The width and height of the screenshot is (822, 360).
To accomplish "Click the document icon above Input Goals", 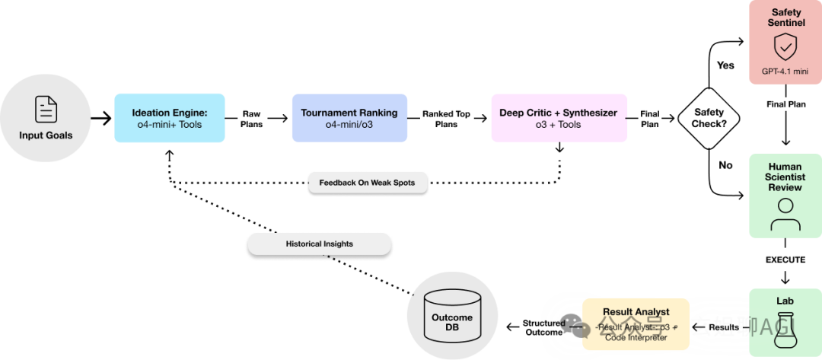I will coord(46,109).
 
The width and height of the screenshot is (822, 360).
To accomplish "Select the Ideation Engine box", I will coord(170,118).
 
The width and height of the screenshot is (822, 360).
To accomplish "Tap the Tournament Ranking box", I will coord(349,118).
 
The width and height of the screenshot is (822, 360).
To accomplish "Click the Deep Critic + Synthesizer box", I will coord(559,118).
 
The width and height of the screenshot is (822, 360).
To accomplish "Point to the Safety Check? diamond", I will coord(709,118).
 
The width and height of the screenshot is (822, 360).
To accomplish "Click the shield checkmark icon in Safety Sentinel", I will coord(785,47).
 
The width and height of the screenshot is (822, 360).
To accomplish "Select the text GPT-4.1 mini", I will coord(785,72).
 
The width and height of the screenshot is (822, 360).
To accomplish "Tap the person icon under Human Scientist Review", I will coord(785,214).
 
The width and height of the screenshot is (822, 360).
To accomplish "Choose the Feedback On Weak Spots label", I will coord(367,183).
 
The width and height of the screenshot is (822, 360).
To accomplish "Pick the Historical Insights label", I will coord(319,244).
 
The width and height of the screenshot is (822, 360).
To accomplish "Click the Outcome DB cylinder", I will coord(452,317).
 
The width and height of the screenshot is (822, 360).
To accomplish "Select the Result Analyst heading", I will coord(636,311).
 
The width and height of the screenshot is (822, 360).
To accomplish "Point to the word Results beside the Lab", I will coord(723,327).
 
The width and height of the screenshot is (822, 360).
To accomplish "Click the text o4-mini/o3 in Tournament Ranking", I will coord(349,125).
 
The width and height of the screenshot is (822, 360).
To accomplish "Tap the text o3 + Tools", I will coord(559,125).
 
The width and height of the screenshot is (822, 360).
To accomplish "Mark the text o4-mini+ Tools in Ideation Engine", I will coord(170,125).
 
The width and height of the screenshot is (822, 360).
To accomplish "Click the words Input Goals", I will coord(46,135).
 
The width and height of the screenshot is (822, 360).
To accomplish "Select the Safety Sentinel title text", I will coord(785,18).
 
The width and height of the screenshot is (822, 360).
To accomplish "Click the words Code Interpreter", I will coord(636,338).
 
